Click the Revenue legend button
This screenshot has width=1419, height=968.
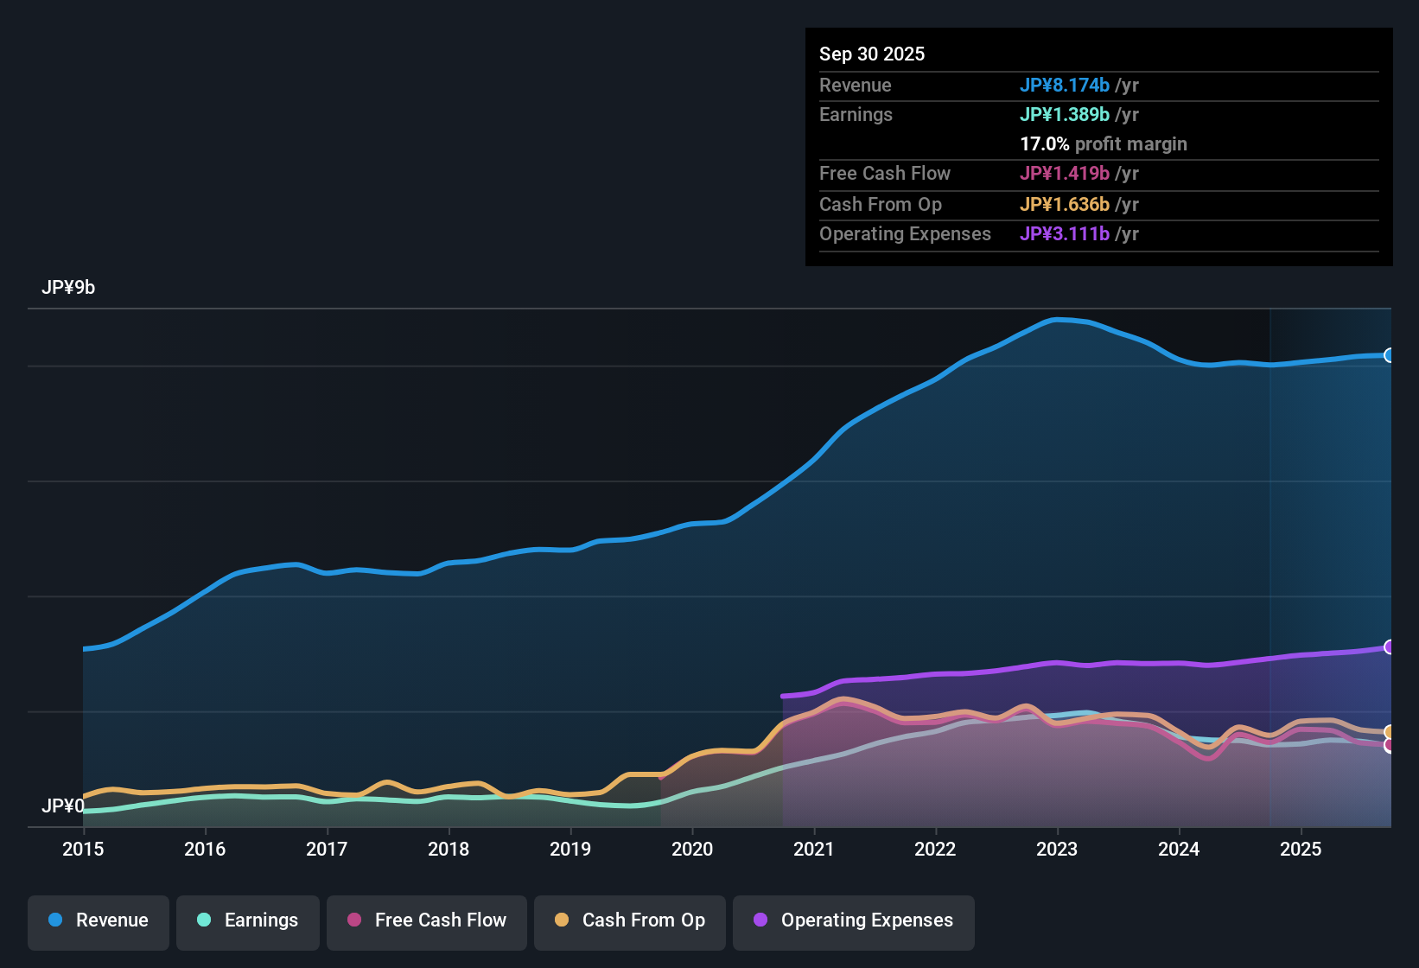tap(99, 920)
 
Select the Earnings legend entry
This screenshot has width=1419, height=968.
tap(248, 920)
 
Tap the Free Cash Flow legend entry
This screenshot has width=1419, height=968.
tap(427, 920)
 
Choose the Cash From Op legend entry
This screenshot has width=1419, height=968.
tap(630, 920)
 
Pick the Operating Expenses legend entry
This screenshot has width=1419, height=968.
tap(854, 920)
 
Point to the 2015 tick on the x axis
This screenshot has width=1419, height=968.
tap(83, 849)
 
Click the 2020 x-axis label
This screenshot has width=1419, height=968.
tap(692, 849)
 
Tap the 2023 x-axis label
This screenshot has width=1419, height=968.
tap(1057, 849)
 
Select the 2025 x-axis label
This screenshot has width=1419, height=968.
tap(1301, 849)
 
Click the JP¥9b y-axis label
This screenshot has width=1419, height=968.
tap(68, 288)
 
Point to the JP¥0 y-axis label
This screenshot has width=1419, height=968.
tap(63, 806)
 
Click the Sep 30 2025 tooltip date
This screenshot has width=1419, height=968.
tap(872, 54)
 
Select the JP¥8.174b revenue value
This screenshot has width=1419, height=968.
tap(1065, 86)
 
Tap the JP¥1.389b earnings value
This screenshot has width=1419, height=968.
tap(1065, 115)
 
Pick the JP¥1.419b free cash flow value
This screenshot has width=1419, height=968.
tap(1065, 174)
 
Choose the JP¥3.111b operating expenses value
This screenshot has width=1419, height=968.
tap(1065, 234)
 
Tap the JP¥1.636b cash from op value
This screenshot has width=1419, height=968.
tap(1065, 205)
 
